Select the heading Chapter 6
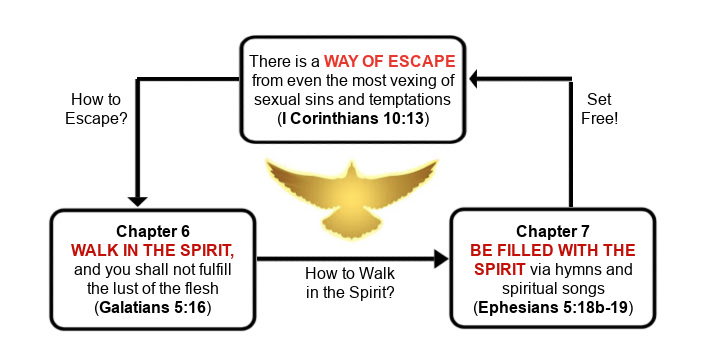153,229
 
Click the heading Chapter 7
553,229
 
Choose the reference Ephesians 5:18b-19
554,306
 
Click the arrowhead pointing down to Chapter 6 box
138,199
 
